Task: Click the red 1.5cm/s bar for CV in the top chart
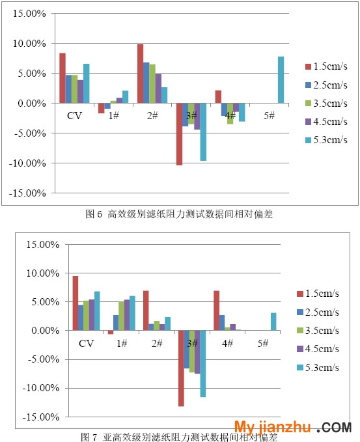tap(62, 78)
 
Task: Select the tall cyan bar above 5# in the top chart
tap(281, 80)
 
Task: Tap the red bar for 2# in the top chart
tap(140, 74)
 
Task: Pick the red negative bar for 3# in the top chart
tap(179, 134)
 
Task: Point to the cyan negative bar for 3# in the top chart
tap(203, 132)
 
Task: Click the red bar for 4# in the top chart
tap(218, 97)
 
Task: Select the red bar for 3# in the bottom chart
tap(181, 368)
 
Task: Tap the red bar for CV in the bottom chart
tap(76, 303)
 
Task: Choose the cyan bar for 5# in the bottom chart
tap(273, 322)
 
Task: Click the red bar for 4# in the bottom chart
tap(217, 311)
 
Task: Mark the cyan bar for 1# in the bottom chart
tap(132, 313)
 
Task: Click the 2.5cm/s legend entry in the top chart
tap(326, 85)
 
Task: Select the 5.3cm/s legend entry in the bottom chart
tap(318, 367)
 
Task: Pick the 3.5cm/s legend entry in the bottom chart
tap(318, 331)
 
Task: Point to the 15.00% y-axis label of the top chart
tap(29, 13)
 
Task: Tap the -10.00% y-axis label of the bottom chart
tap(41, 388)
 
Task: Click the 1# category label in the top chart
tap(114, 115)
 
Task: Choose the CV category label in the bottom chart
tap(86, 343)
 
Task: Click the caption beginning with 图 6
tap(179, 214)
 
